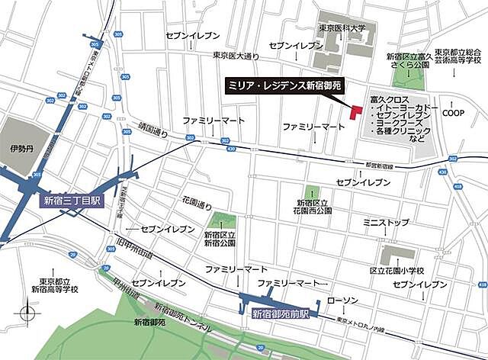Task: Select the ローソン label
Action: [x=340, y=301]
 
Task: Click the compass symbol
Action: [x=29, y=312]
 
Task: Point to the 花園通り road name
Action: [x=195, y=204]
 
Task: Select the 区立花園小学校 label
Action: [x=396, y=271]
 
